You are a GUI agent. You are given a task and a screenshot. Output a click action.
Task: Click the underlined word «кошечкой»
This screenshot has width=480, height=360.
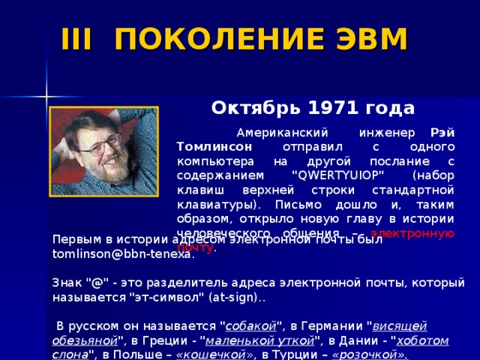(203, 353)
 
